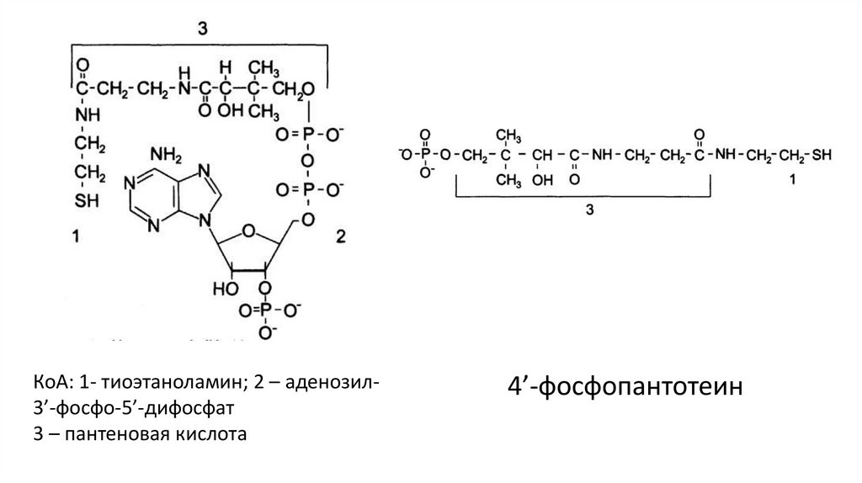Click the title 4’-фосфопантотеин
point(625,386)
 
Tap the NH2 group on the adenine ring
point(166,156)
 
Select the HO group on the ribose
point(226,289)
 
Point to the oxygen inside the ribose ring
point(248,231)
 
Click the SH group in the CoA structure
point(87,200)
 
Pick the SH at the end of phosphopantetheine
point(822,155)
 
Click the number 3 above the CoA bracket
point(202,28)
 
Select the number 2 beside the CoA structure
point(341,236)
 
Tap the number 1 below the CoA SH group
point(76,236)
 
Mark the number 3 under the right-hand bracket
point(590,210)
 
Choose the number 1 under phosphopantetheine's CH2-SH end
point(792,179)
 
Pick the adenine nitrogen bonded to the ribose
point(205,220)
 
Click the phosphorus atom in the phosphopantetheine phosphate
point(424,155)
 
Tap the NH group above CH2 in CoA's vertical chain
point(87,114)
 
